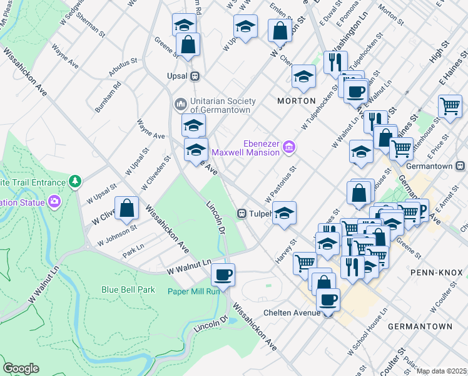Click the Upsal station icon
click(195, 76)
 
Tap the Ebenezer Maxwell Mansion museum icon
click(288, 147)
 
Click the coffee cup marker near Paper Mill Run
click(223, 274)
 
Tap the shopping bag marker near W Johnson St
click(127, 208)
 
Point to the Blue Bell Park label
click(128, 290)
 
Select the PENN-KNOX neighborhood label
click(436, 273)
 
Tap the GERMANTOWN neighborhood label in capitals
click(419, 326)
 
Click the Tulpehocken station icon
click(240, 214)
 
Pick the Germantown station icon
click(460, 166)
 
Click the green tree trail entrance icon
click(76, 182)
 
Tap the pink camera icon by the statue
click(54, 202)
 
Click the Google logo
click(21, 368)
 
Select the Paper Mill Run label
click(193, 291)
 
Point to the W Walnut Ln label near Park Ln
click(188, 268)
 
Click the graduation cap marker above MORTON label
click(303, 77)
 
